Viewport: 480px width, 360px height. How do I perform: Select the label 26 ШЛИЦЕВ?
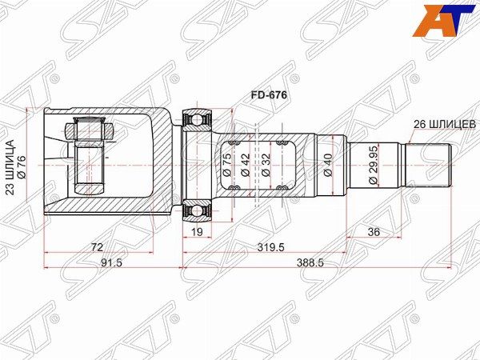pyautogui.click(x=445, y=125)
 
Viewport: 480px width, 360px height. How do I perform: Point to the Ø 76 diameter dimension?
pyautogui.click(x=22, y=166)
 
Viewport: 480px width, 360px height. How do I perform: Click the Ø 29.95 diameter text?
pyautogui.click(x=374, y=166)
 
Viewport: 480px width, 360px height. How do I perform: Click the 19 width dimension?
pyautogui.click(x=198, y=232)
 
